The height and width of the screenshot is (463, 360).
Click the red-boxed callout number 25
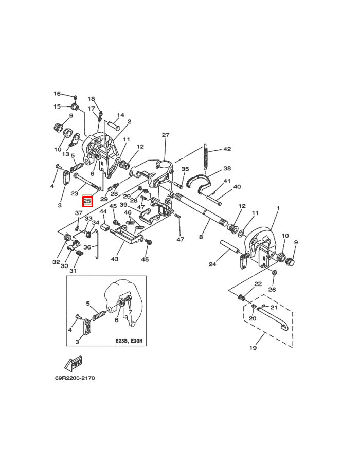click(x=87, y=201)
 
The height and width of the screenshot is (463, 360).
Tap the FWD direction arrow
click(x=73, y=363)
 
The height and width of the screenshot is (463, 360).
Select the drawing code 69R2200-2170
click(x=75, y=378)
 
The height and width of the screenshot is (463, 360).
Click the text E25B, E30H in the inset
click(x=129, y=341)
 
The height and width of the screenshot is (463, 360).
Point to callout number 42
click(x=227, y=149)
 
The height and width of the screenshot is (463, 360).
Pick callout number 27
click(x=166, y=135)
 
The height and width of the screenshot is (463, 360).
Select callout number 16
click(x=57, y=94)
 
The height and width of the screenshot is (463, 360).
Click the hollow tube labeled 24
click(x=230, y=247)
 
